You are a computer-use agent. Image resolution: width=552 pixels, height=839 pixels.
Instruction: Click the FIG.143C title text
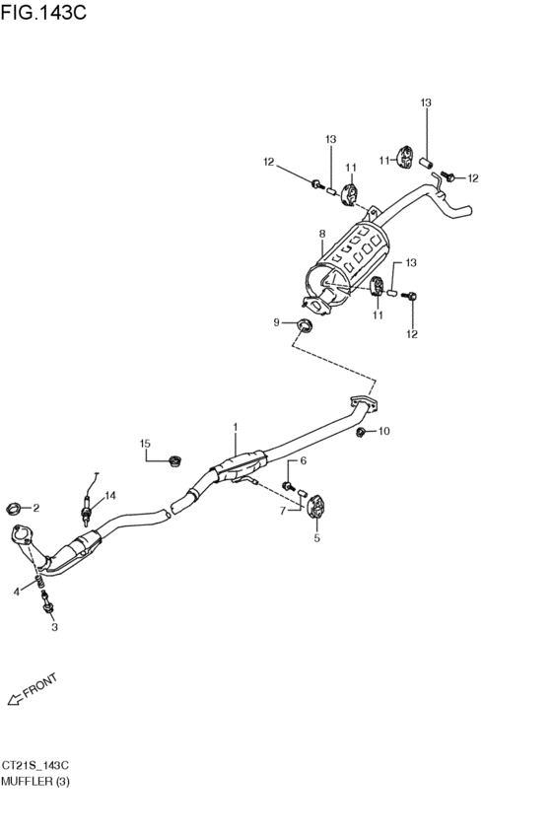point(43,12)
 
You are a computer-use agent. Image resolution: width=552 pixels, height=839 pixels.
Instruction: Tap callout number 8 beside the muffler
point(322,234)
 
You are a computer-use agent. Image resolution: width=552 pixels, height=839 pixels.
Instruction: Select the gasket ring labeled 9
point(305,324)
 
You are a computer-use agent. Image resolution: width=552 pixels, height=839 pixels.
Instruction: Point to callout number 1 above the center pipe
point(235,427)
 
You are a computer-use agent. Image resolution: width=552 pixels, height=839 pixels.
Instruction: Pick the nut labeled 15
point(174,460)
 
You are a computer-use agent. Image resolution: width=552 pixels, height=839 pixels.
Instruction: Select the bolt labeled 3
point(48,604)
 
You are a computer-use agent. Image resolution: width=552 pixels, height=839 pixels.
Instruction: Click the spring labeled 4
point(39,581)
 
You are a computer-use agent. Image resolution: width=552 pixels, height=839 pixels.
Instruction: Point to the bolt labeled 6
point(289,485)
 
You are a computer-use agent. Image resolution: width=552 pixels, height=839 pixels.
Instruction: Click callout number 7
point(283,512)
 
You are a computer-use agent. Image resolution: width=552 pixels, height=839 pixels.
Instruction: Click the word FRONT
point(40,686)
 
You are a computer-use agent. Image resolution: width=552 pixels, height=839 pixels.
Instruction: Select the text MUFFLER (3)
point(35,782)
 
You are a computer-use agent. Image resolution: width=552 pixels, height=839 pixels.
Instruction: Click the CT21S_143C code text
point(34,766)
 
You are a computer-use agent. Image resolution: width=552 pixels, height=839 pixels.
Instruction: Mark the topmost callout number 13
point(426,103)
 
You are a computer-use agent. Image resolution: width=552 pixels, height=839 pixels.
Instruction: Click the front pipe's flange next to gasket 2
point(23,534)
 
